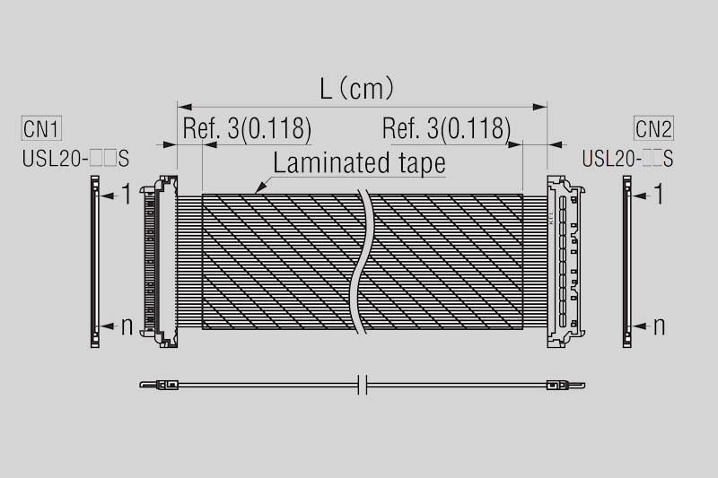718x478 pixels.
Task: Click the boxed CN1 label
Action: pos(41,128)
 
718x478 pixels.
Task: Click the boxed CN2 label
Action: pos(653,128)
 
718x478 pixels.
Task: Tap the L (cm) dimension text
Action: pos(356,88)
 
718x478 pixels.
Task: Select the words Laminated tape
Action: pos(359,163)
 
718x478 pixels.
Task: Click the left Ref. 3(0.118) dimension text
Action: pos(247,128)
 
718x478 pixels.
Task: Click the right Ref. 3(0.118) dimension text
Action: pos(446,128)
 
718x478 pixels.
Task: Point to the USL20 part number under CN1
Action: pos(75,159)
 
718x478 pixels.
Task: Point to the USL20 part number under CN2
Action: pos(627,159)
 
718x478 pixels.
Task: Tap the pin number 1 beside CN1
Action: pos(127,194)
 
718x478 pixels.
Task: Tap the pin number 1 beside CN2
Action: pos(659,194)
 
